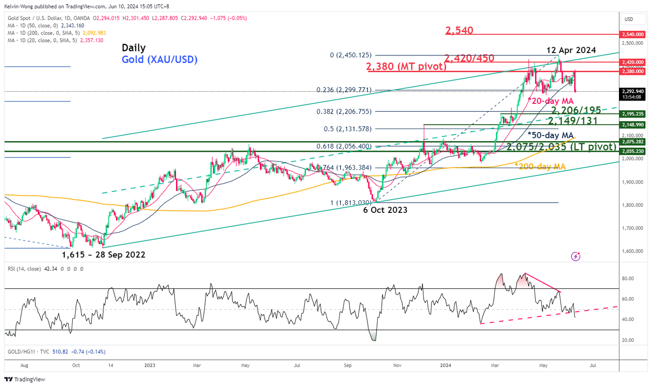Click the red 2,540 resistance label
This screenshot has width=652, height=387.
click(459, 31)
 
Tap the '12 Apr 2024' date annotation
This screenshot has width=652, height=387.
click(571, 50)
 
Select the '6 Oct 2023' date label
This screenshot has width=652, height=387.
click(385, 210)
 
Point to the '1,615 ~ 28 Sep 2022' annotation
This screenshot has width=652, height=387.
click(103, 255)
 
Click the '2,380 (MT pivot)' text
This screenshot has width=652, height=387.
click(407, 67)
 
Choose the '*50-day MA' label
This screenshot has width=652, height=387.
click(550, 135)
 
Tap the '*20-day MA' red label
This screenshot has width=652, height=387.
click(550, 101)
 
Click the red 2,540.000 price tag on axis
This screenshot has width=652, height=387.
click(632, 34)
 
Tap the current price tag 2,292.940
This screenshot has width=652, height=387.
click(632, 91)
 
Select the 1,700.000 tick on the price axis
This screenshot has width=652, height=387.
click(632, 228)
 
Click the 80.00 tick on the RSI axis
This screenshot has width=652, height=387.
click(628, 278)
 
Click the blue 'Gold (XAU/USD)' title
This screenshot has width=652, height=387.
click(159, 60)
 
